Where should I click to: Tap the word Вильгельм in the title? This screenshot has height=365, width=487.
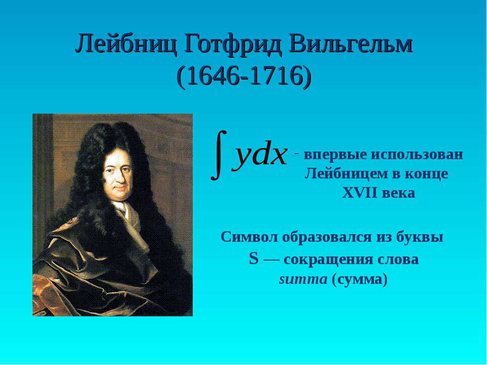tap(351, 44)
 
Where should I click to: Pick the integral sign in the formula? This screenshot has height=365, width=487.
tap(219, 155)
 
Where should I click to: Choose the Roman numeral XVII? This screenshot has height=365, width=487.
tap(360, 193)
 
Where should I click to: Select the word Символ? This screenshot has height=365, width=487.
tap(250, 237)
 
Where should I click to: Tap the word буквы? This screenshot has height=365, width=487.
tap(420, 237)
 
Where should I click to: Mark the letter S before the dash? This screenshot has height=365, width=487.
tap(254, 259)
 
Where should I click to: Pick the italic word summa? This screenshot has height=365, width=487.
tap(303, 280)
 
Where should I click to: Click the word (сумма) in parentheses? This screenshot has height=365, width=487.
tap(360, 280)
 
